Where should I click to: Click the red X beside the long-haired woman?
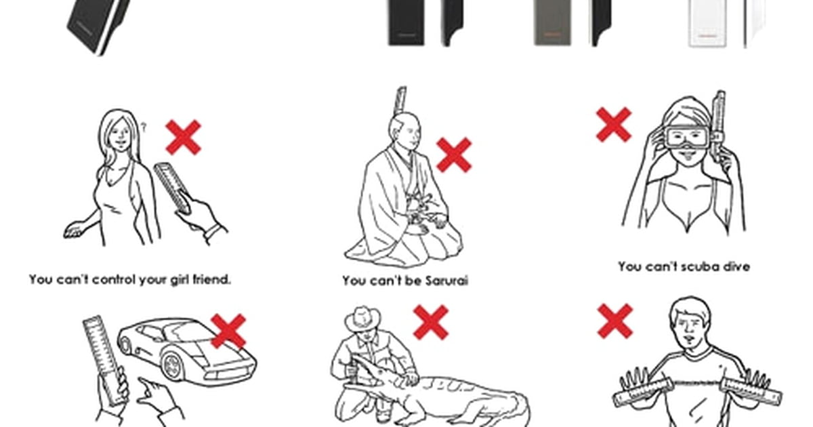[x=183, y=138]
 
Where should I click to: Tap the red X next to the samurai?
[x=454, y=155]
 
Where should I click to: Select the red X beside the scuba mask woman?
[x=614, y=125]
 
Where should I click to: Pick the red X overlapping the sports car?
[x=228, y=331]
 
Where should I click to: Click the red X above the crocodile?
[x=431, y=323]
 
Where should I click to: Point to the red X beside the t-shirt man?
[x=615, y=322]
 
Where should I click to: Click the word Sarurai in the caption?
[x=446, y=281]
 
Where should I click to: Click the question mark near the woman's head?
[x=144, y=127]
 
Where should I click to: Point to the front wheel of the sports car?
[x=173, y=366]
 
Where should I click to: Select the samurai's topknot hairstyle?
[x=401, y=100]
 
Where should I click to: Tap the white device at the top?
[x=707, y=23]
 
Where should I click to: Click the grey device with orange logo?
[x=552, y=22]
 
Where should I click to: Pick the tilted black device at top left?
[x=98, y=26]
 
